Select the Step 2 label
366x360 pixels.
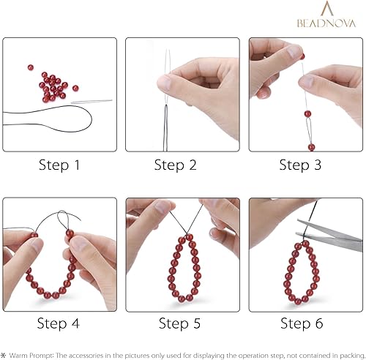point(175,165)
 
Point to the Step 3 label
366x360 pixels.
point(300,165)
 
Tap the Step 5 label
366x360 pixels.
point(181,322)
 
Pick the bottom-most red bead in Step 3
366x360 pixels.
point(311,147)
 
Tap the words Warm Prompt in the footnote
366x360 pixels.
point(33,353)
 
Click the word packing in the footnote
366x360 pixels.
point(348,353)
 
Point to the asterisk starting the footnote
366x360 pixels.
point(4,353)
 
